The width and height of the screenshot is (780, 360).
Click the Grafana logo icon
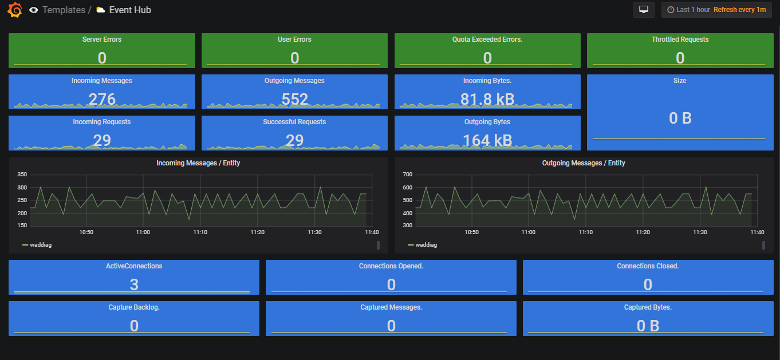point(15,10)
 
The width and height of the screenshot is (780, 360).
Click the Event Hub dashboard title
point(130,10)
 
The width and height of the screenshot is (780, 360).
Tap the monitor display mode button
point(644,10)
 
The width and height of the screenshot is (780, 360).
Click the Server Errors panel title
point(102,39)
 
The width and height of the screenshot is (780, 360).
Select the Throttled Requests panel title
point(680,39)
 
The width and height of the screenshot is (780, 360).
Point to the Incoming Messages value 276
point(102,100)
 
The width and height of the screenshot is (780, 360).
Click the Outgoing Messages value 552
point(295,100)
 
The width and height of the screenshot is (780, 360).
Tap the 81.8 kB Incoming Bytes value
point(487,100)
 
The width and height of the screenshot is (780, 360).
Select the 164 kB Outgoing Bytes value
point(487,140)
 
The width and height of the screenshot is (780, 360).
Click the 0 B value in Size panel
point(680,118)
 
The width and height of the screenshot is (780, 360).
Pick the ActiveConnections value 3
point(134,284)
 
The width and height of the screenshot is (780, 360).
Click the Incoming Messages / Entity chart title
point(198,163)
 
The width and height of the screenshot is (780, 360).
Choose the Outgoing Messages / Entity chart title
point(584,163)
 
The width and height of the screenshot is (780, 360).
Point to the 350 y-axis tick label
point(22,175)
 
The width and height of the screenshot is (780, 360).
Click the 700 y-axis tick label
point(408,175)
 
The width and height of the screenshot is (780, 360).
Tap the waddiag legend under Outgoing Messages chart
point(426,245)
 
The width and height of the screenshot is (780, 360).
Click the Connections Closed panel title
point(648,266)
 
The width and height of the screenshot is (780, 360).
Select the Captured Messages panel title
point(391,307)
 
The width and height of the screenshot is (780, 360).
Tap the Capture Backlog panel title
point(134,307)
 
